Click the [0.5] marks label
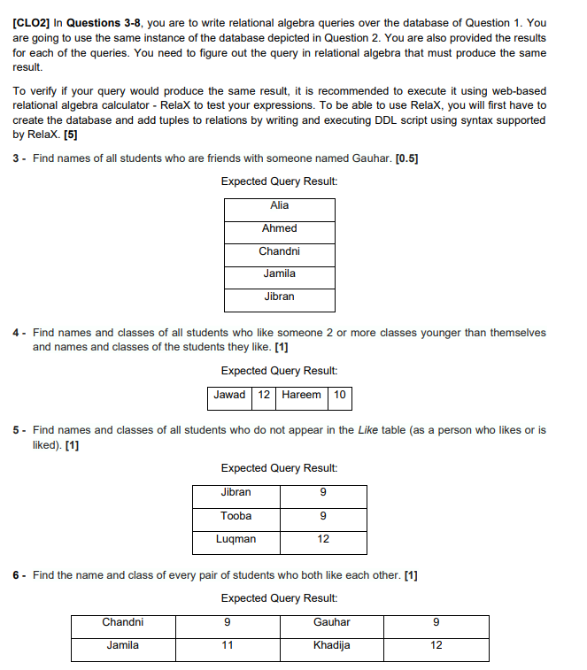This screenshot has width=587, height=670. click(x=407, y=158)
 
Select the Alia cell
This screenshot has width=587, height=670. click(x=280, y=205)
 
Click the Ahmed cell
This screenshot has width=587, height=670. click(x=280, y=228)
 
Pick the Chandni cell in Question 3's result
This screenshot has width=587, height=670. click(x=280, y=251)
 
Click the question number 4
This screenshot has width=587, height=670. click(x=16, y=333)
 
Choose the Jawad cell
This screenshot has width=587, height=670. click(x=230, y=395)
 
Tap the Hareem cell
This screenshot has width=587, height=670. click(x=302, y=395)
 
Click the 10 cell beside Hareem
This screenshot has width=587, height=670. click(x=340, y=395)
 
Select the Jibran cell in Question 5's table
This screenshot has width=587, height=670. click(x=236, y=492)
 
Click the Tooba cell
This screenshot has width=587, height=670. click(x=236, y=515)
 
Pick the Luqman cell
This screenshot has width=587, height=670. click(x=236, y=538)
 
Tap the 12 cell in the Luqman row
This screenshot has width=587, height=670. click(x=323, y=538)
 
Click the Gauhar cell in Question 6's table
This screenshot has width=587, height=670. click(x=331, y=622)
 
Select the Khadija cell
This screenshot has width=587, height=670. click(x=331, y=645)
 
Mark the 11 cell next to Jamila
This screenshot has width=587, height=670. click(x=227, y=645)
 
